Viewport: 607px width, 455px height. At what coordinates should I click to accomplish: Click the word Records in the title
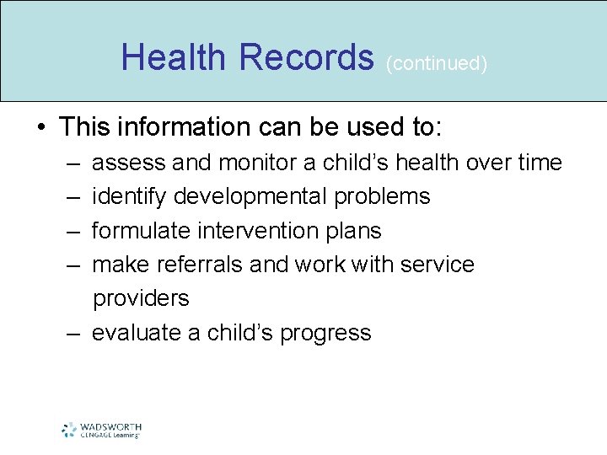pyautogui.click(x=306, y=57)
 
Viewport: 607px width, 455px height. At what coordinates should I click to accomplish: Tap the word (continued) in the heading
pyautogui.click(x=436, y=64)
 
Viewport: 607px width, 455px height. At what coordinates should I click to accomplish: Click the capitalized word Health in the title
pyautogui.click(x=174, y=57)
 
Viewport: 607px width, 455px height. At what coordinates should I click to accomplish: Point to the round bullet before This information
pyautogui.click(x=41, y=128)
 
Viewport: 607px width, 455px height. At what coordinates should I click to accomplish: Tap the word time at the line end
pyautogui.click(x=539, y=163)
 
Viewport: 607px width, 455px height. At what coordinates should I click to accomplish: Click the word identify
pyautogui.click(x=129, y=196)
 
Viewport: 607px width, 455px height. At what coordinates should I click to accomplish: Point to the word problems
pyautogui.click(x=382, y=196)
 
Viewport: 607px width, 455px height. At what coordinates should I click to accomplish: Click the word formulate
pyautogui.click(x=139, y=230)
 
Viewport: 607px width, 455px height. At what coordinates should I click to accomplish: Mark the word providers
pyautogui.click(x=141, y=298)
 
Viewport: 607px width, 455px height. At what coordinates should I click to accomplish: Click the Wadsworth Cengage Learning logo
pyautogui.click(x=100, y=430)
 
